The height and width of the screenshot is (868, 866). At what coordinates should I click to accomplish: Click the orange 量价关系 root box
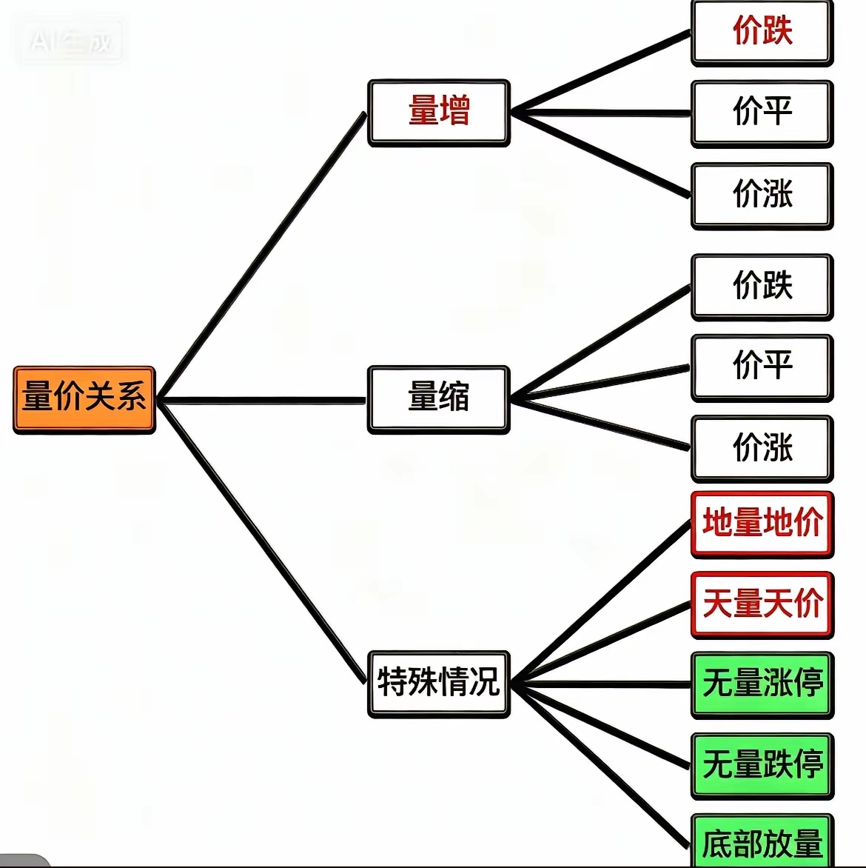click(x=84, y=398)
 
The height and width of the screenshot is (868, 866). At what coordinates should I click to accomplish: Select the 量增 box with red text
click(x=439, y=113)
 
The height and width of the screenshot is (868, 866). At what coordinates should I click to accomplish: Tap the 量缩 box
click(x=439, y=398)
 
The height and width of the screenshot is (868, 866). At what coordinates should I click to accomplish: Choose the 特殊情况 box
click(x=439, y=684)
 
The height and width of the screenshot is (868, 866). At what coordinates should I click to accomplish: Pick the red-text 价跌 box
click(x=762, y=33)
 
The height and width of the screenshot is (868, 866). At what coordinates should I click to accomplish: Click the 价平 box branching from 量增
click(x=762, y=113)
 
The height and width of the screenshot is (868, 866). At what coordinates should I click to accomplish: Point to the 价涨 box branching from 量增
click(x=762, y=196)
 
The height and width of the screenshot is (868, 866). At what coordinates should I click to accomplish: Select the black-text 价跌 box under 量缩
click(x=762, y=287)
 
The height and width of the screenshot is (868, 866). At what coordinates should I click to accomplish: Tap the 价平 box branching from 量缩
click(x=762, y=367)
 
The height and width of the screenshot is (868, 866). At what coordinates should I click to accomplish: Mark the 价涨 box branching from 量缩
click(x=762, y=448)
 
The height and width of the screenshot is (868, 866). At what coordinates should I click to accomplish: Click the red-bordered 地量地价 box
click(x=762, y=524)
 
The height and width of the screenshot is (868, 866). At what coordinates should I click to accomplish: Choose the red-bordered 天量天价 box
click(x=762, y=604)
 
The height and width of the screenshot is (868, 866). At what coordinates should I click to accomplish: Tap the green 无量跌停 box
click(x=762, y=765)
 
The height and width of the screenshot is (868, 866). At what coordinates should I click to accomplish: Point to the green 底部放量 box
click(x=762, y=843)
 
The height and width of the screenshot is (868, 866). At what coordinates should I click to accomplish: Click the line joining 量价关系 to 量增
click(x=263, y=256)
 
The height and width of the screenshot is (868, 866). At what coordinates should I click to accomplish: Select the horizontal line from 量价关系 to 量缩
click(x=263, y=401)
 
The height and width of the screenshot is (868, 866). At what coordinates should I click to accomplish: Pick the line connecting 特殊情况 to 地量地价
click(x=601, y=602)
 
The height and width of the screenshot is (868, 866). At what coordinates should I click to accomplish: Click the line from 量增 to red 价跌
click(x=601, y=73)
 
